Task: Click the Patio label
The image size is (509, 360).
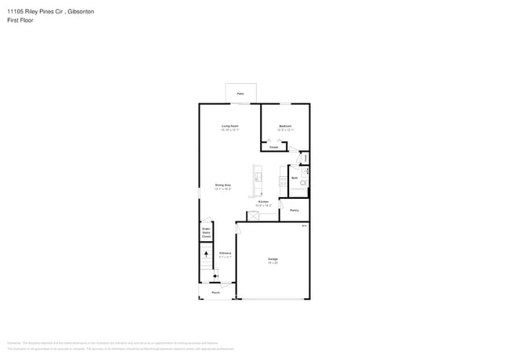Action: pyautogui.click(x=240, y=94)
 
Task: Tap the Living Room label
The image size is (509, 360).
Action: pyautogui.click(x=229, y=125)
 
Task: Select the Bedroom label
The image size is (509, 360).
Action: pyautogui.click(x=286, y=125)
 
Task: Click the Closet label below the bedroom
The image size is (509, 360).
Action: pyautogui.click(x=273, y=147)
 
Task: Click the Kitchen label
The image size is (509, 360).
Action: pyautogui.click(x=263, y=202)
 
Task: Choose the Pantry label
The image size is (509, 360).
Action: pyautogui.click(x=294, y=210)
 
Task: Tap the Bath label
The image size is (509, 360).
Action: pyautogui.click(x=294, y=178)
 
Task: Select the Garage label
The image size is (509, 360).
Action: pyautogui.click(x=273, y=258)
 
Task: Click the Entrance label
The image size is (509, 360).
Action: pyautogui.click(x=225, y=254)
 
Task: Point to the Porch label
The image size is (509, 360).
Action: pyautogui.click(x=215, y=293)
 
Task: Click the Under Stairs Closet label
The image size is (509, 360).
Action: pyautogui.click(x=206, y=232)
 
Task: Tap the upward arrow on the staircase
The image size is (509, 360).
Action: pyautogui.click(x=206, y=252)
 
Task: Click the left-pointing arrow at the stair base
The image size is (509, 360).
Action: pyautogui.click(x=214, y=274)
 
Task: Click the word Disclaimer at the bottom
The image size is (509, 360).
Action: pyautogui.click(x=14, y=342)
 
